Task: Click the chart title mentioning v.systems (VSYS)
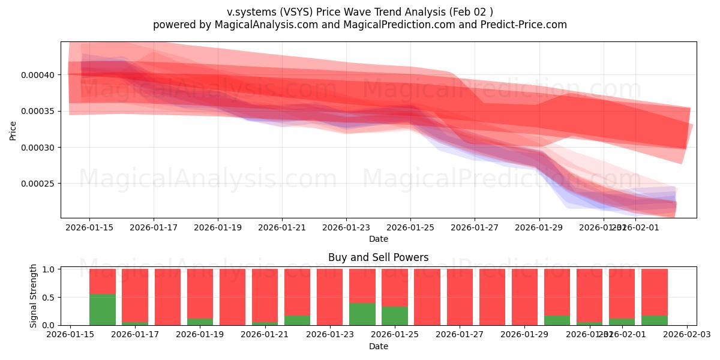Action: pyautogui.click(x=360, y=11)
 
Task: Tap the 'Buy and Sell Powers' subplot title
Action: pyautogui.click(x=378, y=257)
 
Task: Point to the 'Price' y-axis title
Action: pyautogui.click(x=13, y=130)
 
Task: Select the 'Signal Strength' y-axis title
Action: pyautogui.click(x=34, y=296)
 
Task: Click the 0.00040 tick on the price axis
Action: pyautogui.click(x=38, y=75)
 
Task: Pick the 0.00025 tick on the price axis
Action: pyautogui.click(x=38, y=184)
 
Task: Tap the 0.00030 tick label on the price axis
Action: pyautogui.click(x=38, y=148)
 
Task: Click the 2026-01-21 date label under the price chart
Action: pyautogui.click(x=282, y=227)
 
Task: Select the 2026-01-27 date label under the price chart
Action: pyautogui.click(x=475, y=227)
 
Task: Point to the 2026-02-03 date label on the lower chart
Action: pyautogui.click(x=686, y=335)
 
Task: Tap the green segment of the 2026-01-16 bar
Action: pyautogui.click(x=103, y=310)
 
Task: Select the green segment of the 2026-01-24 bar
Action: pyautogui.click(x=362, y=314)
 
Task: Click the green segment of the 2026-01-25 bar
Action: pyautogui.click(x=395, y=316)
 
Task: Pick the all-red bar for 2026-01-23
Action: pyautogui.click(x=330, y=297)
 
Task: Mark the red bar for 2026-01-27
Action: pyautogui.click(x=460, y=297)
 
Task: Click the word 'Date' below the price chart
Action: pyautogui.click(x=378, y=239)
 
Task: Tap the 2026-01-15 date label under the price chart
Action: pyautogui.click(x=89, y=227)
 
